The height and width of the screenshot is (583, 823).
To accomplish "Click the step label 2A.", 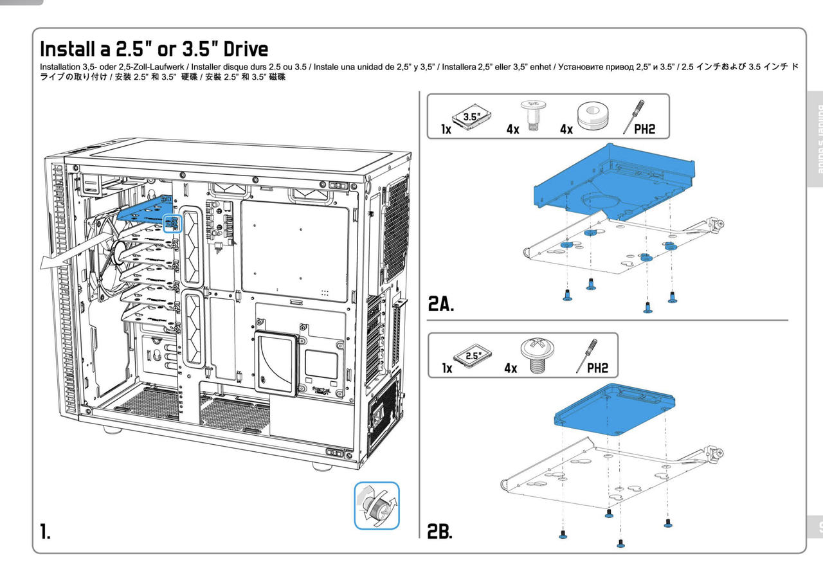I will point(442,304).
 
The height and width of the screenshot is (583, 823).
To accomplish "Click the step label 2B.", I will point(440,531).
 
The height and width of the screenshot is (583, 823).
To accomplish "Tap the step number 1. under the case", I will point(45,532).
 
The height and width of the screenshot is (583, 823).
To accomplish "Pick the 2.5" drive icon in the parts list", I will point(472,355).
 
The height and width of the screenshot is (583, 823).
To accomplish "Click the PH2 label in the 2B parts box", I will point(597,368).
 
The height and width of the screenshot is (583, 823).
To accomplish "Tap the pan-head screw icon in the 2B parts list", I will point(541,354).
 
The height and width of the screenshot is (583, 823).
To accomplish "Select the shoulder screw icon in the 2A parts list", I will point(532,115).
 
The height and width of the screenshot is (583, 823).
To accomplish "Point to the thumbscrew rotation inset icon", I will point(377,505).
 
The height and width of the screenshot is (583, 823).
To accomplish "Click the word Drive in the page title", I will point(237,49).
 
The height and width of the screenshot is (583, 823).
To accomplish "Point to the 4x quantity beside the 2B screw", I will point(511,369).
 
